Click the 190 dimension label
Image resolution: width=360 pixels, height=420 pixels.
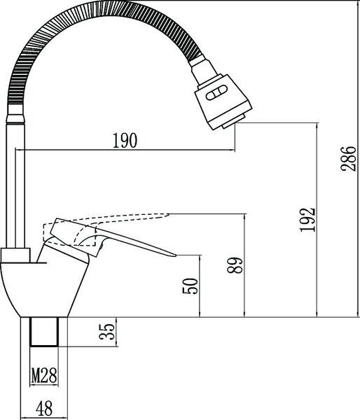pyautogui.click(x=125, y=141)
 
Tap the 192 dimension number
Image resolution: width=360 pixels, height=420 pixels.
pyautogui.click(x=307, y=220)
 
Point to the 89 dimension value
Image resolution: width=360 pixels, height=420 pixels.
pyautogui.click(x=235, y=265)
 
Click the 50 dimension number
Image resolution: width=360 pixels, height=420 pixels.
pyautogui.click(x=190, y=286)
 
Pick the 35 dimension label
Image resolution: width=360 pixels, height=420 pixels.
pyautogui.click(x=106, y=332)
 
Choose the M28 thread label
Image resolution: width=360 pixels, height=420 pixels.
pyautogui.click(x=44, y=375)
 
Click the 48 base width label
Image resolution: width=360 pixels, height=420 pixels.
pyautogui.click(x=44, y=408)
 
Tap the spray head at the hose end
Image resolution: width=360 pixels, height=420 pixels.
pyautogui.click(x=222, y=101)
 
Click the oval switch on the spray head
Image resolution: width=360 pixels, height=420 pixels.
pyautogui.click(x=216, y=92)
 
